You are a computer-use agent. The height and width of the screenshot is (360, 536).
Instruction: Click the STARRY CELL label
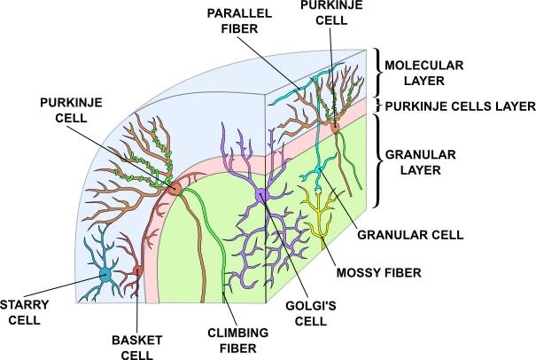click(x=25, y=312)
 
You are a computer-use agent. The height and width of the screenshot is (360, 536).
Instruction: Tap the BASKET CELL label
click(x=136, y=348)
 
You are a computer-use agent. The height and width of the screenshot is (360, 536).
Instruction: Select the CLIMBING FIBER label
click(x=238, y=340)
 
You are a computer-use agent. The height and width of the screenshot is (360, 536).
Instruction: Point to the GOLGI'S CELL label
click(x=311, y=313)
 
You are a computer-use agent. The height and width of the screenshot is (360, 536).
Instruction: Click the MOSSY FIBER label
click(x=379, y=273)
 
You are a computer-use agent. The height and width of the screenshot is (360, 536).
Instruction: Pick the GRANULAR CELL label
click(x=410, y=235)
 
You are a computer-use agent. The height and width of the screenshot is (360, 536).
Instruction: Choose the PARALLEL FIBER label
click(x=239, y=21)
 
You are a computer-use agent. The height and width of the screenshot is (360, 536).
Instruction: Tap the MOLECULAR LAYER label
click(x=424, y=73)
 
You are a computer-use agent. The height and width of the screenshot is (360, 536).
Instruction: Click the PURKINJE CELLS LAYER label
click(x=460, y=106)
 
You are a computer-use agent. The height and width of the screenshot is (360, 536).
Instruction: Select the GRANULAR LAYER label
click(x=421, y=162)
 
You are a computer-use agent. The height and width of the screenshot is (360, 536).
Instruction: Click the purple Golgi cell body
click(x=262, y=196)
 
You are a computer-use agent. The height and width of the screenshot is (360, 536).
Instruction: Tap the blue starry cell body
click(x=105, y=274)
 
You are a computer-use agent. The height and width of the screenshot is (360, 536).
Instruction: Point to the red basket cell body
click(x=137, y=271)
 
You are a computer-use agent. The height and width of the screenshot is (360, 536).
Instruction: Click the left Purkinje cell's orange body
click(x=175, y=188)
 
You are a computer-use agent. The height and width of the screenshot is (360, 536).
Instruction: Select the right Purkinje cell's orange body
click(x=335, y=128)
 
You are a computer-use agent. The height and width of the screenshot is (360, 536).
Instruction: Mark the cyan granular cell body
click(x=319, y=169)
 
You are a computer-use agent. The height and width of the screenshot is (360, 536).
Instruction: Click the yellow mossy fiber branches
click(x=320, y=215)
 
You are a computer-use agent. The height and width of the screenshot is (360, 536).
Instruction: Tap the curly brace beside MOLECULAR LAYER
click(x=378, y=73)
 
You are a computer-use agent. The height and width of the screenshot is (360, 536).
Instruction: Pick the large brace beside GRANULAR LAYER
click(x=377, y=160)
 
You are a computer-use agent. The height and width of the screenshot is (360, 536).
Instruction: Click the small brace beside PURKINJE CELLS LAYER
click(x=378, y=106)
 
